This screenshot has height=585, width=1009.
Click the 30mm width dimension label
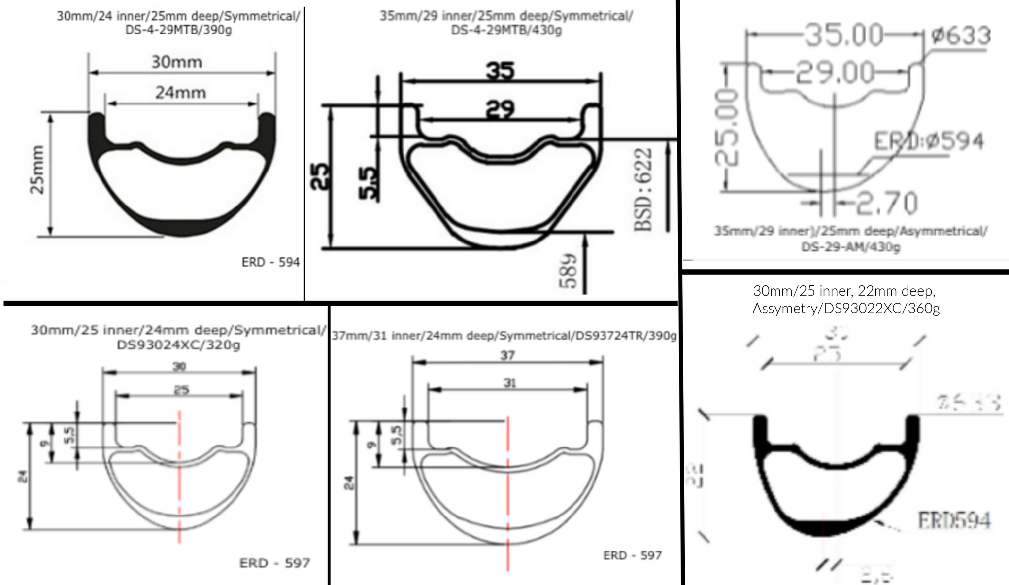176,62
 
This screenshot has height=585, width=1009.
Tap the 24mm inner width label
181,92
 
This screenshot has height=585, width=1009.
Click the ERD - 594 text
270,262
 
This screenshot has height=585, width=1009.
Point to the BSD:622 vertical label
643,190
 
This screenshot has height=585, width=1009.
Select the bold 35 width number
500,70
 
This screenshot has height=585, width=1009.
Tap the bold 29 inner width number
500,109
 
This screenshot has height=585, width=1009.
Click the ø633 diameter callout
960,35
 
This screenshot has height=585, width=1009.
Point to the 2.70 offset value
887,203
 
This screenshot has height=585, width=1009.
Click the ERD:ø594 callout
929,141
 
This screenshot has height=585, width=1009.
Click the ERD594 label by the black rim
954,520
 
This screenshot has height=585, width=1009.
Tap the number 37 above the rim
507,355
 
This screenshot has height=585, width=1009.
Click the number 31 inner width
509,383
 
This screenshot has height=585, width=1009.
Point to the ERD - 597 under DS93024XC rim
275,563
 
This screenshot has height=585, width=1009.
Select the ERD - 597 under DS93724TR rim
632,555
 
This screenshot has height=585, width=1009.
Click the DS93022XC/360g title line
846,309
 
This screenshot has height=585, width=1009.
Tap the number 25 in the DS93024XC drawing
181,390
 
